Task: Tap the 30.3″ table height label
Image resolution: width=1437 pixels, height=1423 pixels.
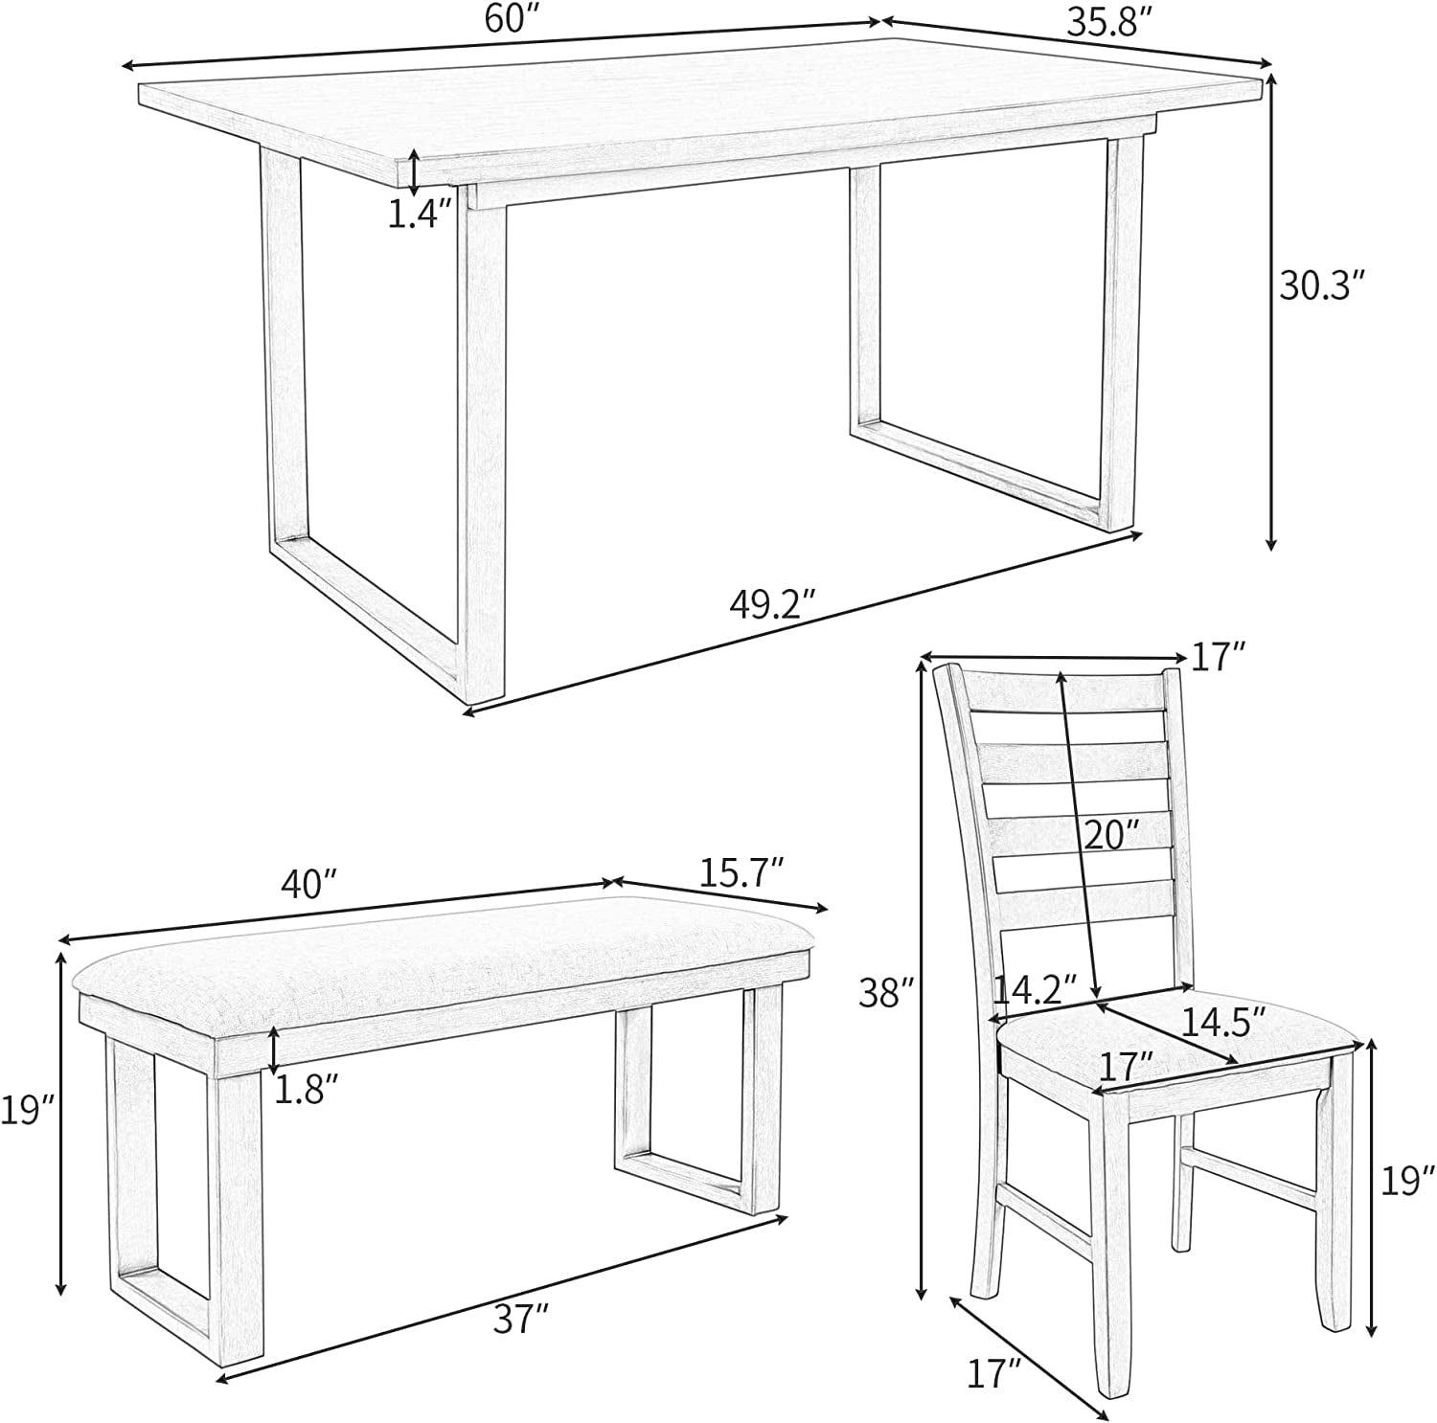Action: pyautogui.click(x=1322, y=285)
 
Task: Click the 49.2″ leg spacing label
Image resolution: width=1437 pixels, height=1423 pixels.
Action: pyautogui.click(x=772, y=604)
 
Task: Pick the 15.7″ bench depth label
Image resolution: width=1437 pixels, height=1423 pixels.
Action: pyautogui.click(x=742, y=872)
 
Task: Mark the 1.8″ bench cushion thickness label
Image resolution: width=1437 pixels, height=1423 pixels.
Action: pyautogui.click(x=307, y=1089)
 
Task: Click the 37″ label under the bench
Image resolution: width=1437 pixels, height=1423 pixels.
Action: pyautogui.click(x=521, y=1321)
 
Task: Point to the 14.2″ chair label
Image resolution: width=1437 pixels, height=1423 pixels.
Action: pyautogui.click(x=1035, y=987)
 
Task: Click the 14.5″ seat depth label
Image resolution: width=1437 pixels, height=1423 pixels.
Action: pyautogui.click(x=1223, y=1022)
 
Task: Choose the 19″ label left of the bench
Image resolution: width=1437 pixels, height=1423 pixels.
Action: pyautogui.click(x=26, y=1111)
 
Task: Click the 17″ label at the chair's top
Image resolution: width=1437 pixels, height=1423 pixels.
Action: pyautogui.click(x=1219, y=657)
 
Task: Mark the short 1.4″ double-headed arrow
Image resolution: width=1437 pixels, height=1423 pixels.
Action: pyautogui.click(x=413, y=171)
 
